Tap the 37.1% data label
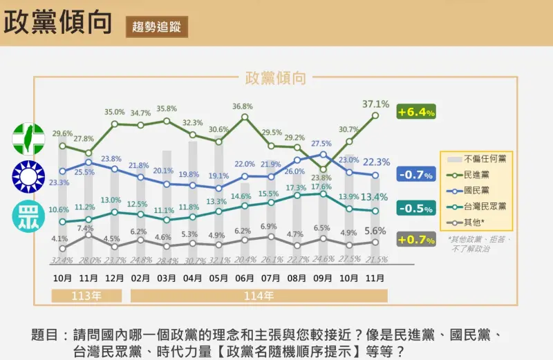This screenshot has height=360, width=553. pos(375,104)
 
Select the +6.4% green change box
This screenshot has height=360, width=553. pos(415,112)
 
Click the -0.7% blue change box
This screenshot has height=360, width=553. pos(415,175)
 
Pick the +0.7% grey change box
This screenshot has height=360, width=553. pos(415,240)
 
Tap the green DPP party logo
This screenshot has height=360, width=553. pos(28,138)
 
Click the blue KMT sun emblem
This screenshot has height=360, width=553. pos(28,177)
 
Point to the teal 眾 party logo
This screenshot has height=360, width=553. pos(28,216)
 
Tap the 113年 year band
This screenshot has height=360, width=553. pos(87,295)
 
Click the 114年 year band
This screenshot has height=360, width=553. pos(259,295)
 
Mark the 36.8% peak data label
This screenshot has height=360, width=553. pos(243,106)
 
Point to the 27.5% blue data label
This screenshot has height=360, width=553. pos(321,144)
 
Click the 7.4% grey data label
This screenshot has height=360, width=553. pos(86,228)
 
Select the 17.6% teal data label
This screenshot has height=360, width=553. pos(322,187)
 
